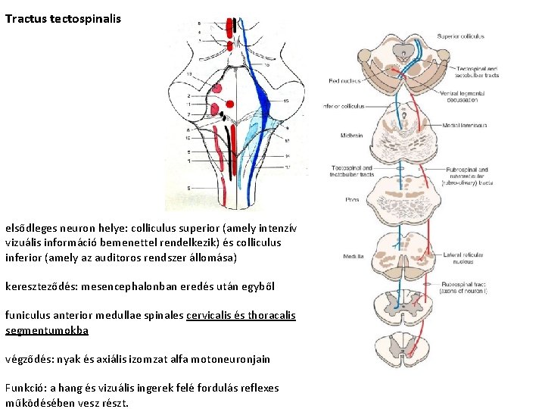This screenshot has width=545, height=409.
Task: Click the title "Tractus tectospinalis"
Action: (x=63, y=17)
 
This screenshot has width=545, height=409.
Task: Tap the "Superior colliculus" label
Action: (x=460, y=36)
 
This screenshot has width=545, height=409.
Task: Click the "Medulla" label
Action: (x=353, y=256)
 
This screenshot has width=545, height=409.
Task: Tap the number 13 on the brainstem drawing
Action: (x=188, y=73)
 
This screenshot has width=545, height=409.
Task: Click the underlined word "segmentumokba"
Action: (x=47, y=330)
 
